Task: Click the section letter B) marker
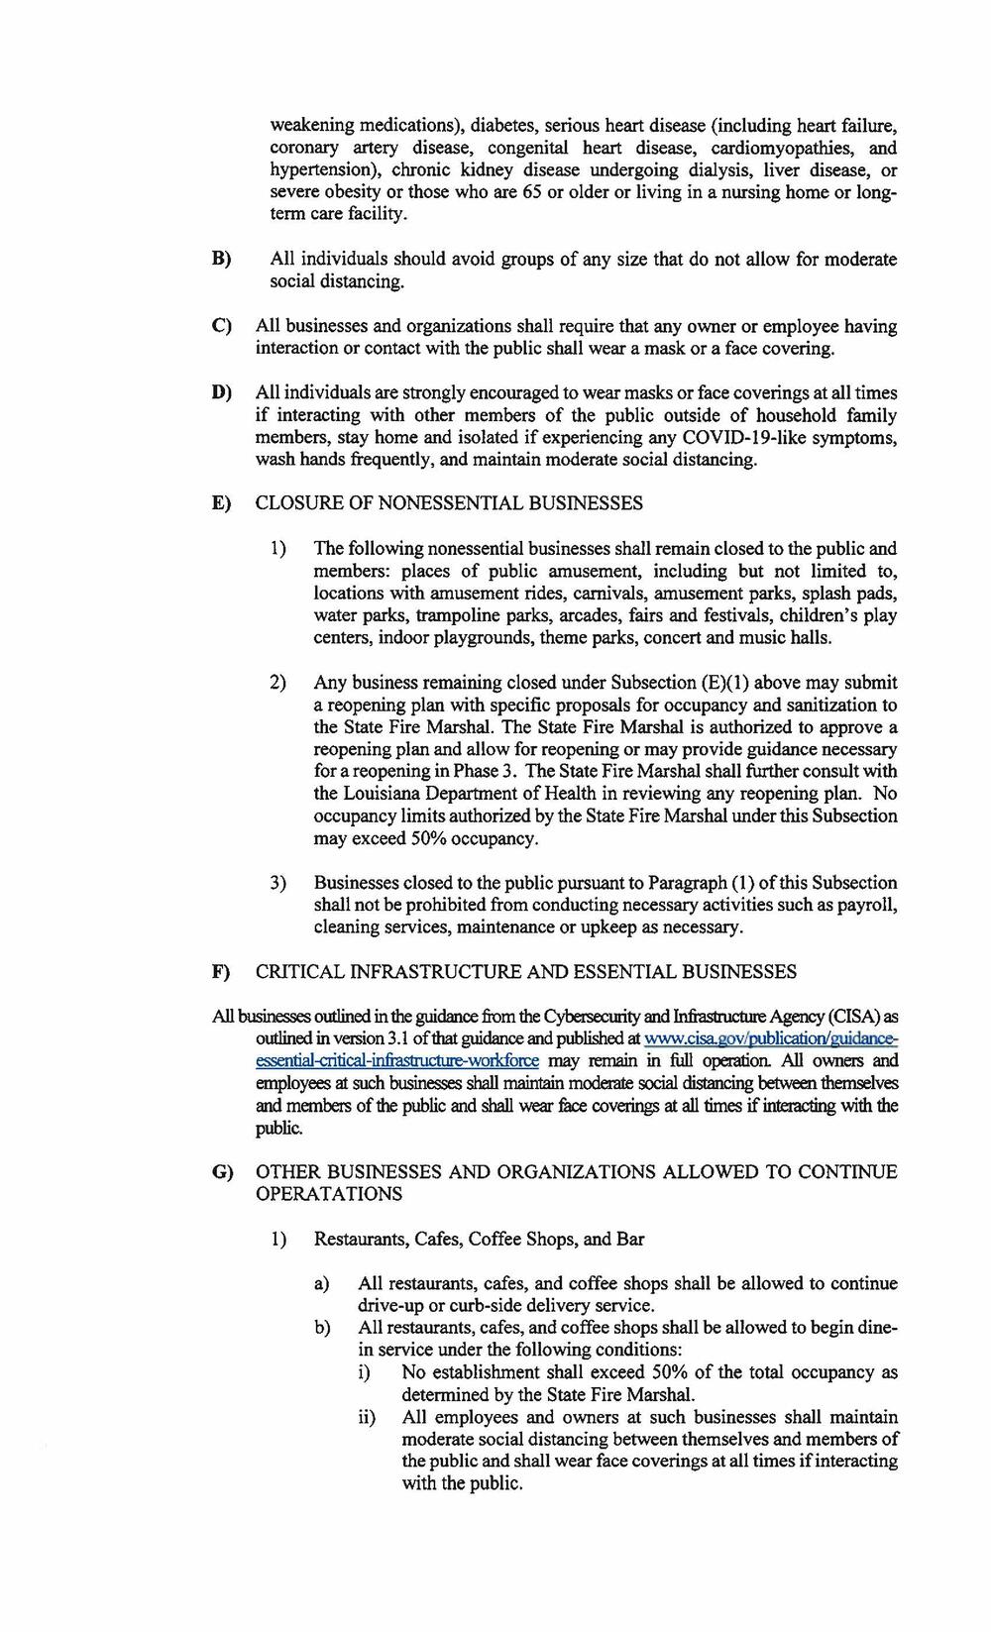click(x=221, y=260)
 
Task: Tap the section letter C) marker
click(x=221, y=326)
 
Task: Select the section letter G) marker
click(x=221, y=1172)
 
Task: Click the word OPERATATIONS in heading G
click(x=329, y=1194)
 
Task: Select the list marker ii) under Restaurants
click(x=367, y=1418)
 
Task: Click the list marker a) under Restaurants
click(x=321, y=1284)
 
